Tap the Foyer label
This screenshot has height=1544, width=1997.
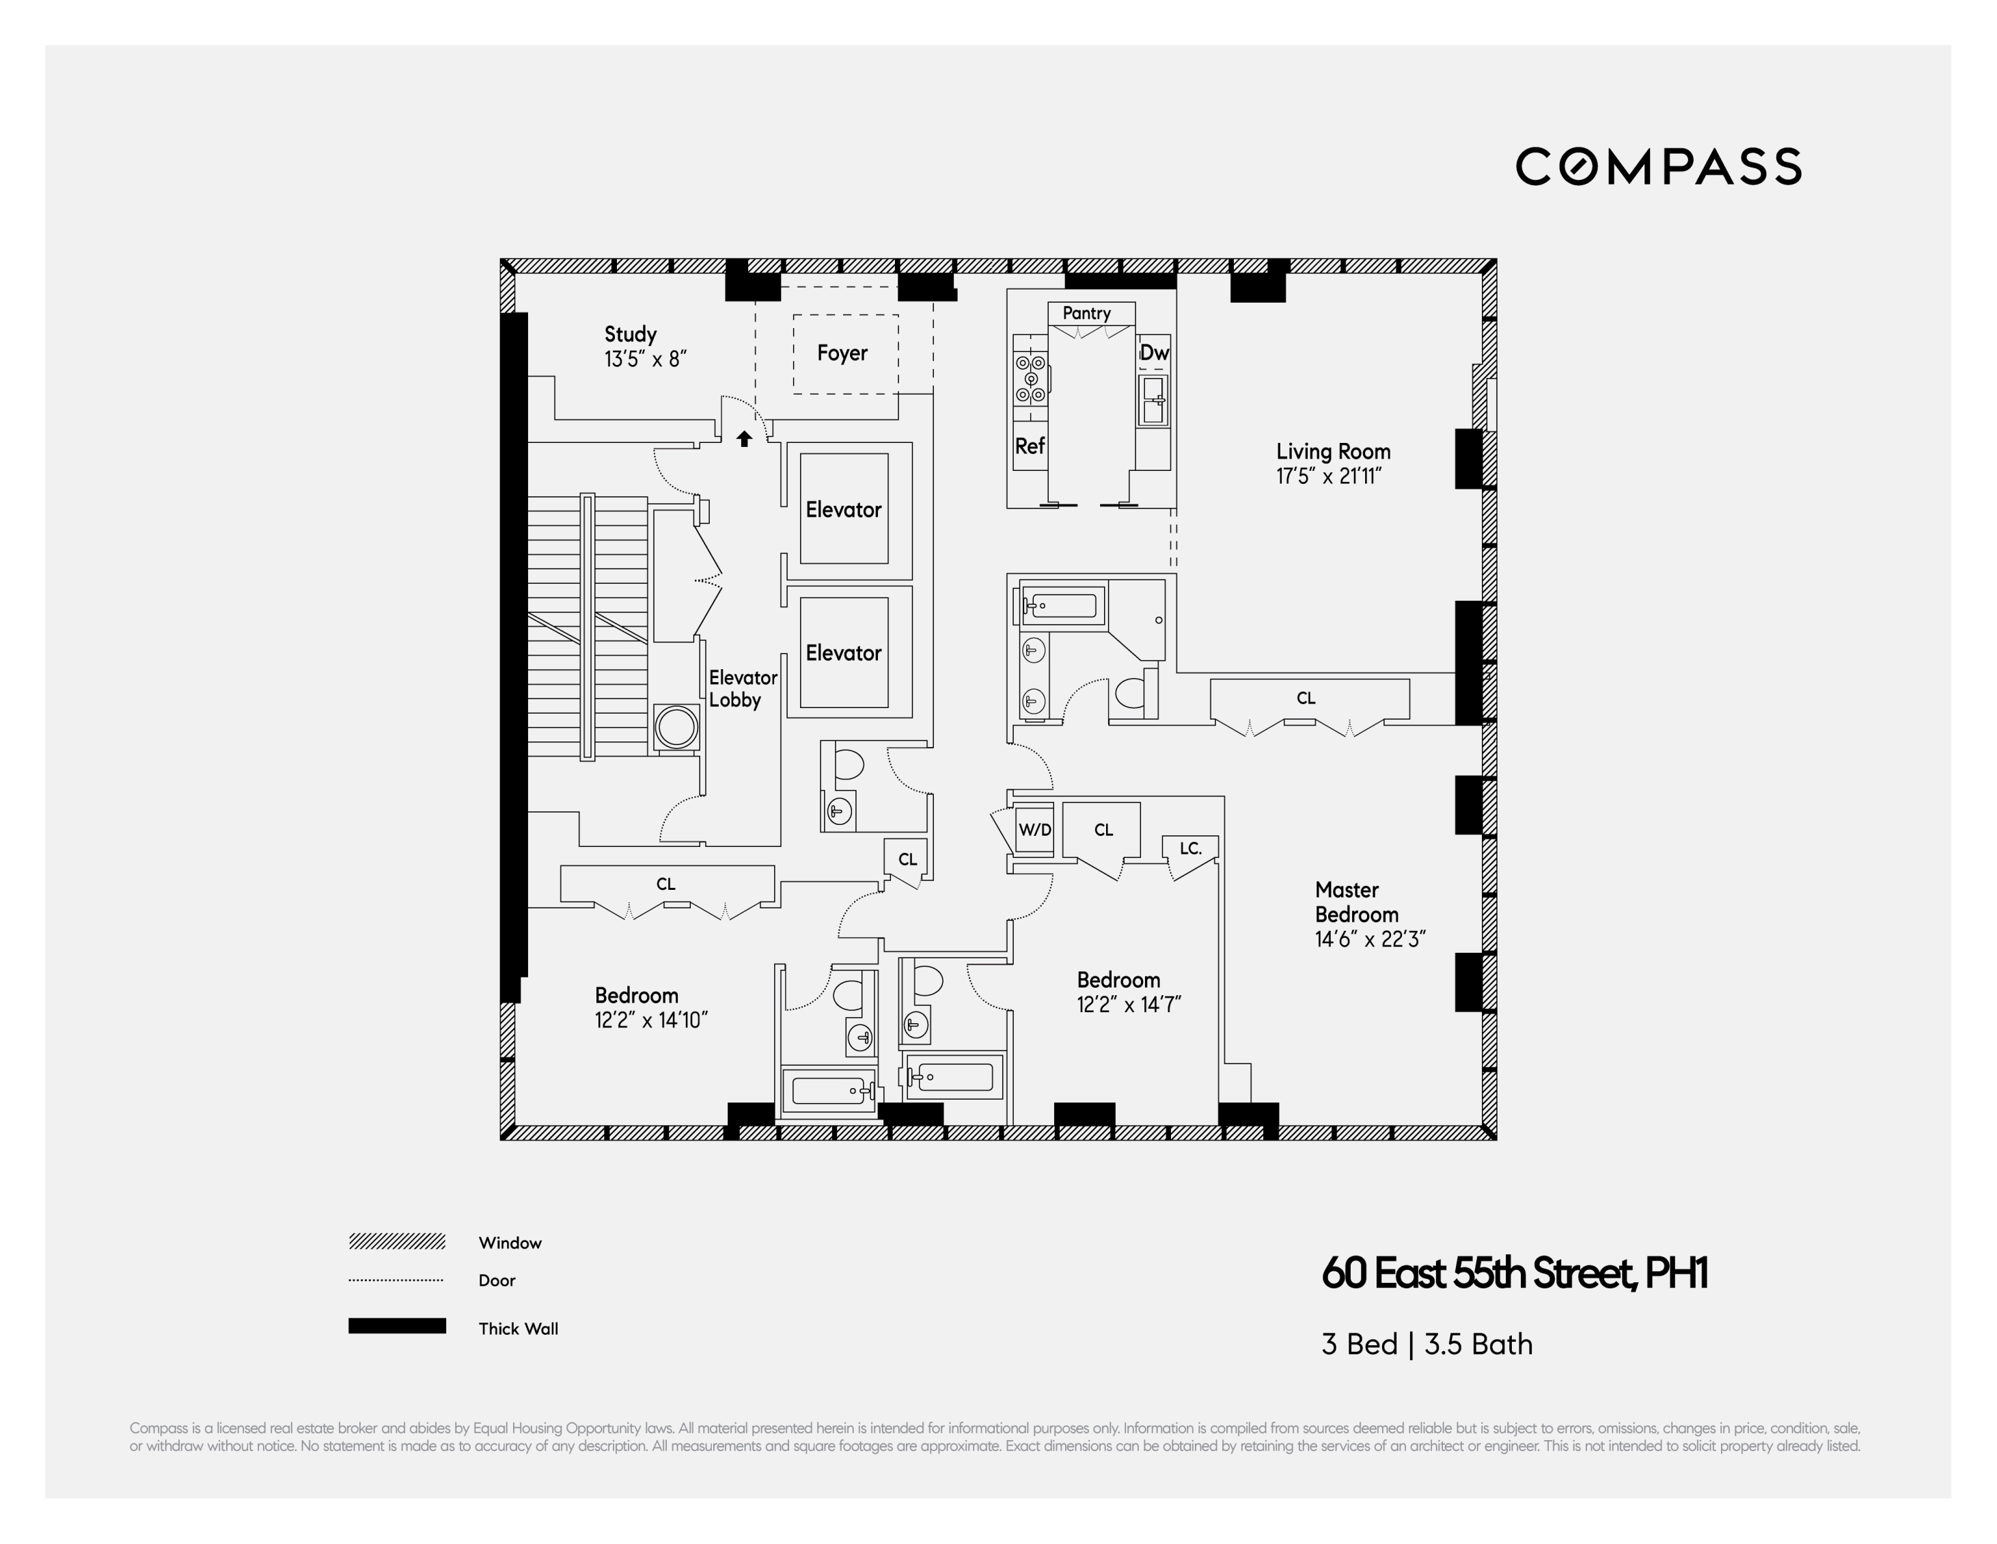tap(842, 353)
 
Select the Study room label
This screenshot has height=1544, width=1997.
tap(631, 335)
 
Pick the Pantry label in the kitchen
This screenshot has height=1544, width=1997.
tap(1086, 313)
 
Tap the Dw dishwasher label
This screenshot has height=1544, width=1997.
tap(1154, 353)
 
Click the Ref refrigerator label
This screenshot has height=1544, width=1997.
tap(1030, 446)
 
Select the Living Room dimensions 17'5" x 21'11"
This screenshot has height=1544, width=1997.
tap(1329, 476)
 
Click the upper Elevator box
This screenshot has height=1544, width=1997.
tap(843, 509)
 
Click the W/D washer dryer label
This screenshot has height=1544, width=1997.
tap(1035, 830)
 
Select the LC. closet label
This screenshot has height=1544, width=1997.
tap(1189, 849)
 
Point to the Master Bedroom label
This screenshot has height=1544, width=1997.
tap(1357, 902)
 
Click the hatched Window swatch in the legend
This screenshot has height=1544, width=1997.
tap(397, 1241)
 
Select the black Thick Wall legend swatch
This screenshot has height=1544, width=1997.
tap(397, 1326)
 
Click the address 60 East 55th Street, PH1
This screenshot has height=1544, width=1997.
tap(1514, 1273)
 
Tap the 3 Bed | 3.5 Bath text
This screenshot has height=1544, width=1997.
tap(1427, 1344)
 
